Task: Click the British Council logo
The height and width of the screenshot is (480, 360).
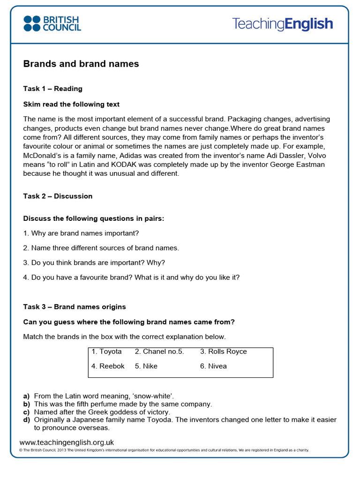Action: (x=52, y=23)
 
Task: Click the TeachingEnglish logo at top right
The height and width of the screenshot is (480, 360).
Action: (x=283, y=24)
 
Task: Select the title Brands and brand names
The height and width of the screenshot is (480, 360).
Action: (x=81, y=64)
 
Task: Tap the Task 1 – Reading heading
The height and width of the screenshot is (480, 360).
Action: (x=52, y=89)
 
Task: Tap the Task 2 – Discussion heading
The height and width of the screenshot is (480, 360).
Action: (x=58, y=196)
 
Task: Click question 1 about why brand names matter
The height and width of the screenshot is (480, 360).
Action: (x=81, y=233)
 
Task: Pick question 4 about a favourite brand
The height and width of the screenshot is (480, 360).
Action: (x=131, y=277)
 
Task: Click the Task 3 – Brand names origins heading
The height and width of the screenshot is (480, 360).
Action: (x=75, y=307)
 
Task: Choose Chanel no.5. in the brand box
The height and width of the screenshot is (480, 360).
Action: (x=159, y=352)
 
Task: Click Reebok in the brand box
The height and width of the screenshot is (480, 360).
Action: (x=108, y=366)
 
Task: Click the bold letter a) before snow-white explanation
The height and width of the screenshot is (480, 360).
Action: (x=27, y=396)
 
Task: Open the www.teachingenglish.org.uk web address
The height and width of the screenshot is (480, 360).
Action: (x=67, y=442)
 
